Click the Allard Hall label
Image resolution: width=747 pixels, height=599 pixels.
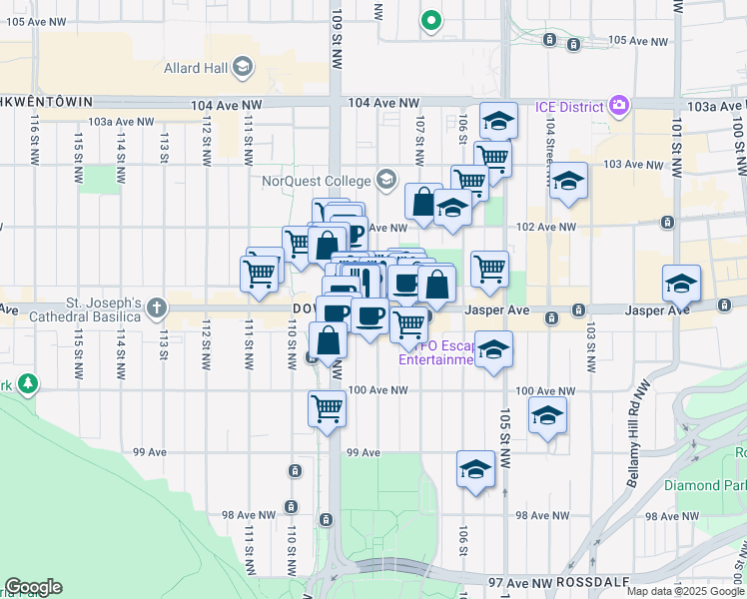[196, 68]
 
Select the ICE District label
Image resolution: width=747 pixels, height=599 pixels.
[568, 106]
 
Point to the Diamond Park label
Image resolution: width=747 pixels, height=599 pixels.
[705, 486]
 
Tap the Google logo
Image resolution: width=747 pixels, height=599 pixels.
[33, 587]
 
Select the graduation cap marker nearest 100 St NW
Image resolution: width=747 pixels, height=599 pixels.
[681, 284]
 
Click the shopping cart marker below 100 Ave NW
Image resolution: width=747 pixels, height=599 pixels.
[328, 407]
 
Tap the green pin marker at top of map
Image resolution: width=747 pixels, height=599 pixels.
[431, 19]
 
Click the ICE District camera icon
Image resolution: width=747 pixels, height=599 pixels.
[620, 105]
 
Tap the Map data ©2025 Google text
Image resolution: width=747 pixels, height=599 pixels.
[684, 591]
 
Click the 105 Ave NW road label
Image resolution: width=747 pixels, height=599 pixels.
[637, 41]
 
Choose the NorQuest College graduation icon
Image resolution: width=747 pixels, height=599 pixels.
[385, 180]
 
